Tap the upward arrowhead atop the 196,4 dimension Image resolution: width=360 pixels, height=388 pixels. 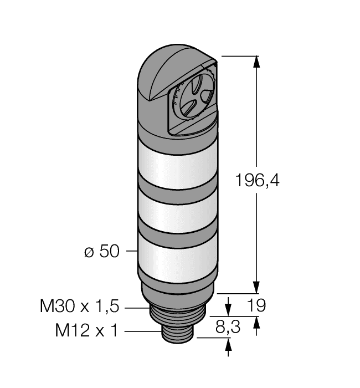[256, 62]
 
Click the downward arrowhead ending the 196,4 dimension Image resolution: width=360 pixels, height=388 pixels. [256, 287]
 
